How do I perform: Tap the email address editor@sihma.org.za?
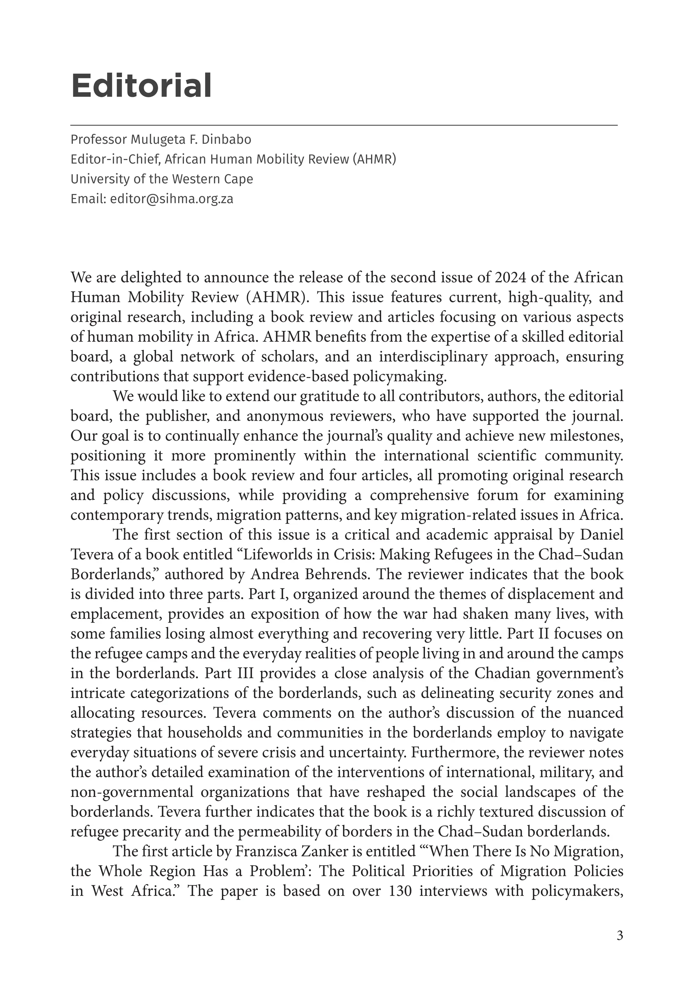pyautogui.click(x=171, y=199)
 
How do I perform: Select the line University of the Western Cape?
pyautogui.click(x=162, y=179)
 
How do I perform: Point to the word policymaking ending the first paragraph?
pyautogui.click(x=399, y=377)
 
